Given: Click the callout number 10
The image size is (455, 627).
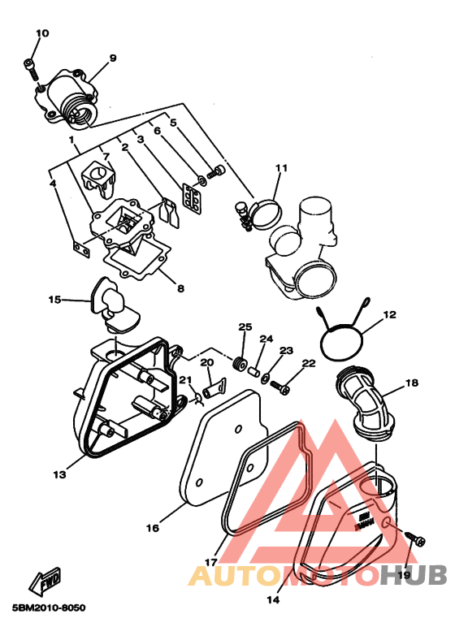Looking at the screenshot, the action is point(42,33).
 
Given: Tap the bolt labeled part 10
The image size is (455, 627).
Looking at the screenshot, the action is point(31,69).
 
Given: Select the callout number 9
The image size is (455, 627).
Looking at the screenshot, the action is point(113,58).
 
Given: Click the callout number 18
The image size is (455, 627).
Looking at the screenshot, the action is point(412,383).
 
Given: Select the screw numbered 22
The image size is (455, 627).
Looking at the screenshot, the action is point(279,387).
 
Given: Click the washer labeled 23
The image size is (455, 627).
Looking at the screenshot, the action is point(266,378).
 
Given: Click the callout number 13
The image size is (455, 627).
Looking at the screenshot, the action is point(59,474).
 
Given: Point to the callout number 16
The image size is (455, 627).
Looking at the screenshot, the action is point(153,528).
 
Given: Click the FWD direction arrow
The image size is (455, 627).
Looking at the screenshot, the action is point(45,581).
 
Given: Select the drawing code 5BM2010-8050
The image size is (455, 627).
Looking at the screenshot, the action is point(49,608).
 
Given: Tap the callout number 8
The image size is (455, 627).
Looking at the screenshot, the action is point(180,288).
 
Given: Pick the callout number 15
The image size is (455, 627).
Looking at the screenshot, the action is point(54,299).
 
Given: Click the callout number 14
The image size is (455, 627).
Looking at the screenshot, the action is point(273,600).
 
